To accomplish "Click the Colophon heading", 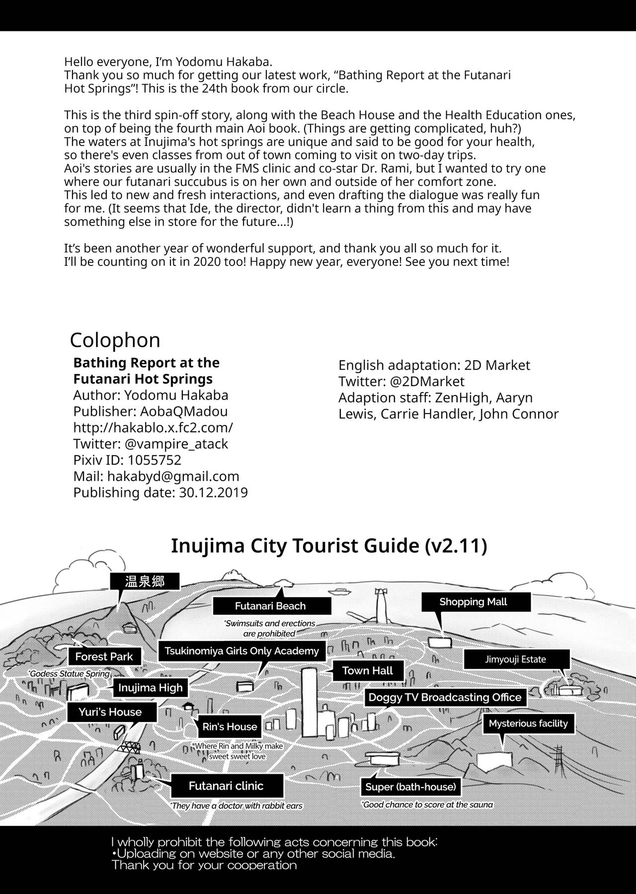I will (x=115, y=340).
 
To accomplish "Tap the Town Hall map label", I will (x=367, y=671).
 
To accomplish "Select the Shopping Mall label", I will (x=473, y=602).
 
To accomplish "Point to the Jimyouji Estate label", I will (x=515, y=659).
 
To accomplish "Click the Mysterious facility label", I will (x=528, y=724).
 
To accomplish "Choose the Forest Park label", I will (x=104, y=656).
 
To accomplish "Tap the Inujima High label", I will (x=150, y=688).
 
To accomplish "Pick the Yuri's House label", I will (x=110, y=712).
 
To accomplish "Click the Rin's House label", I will (x=230, y=727).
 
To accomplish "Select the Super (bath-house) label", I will (x=410, y=787).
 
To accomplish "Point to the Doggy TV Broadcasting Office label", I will (x=445, y=697).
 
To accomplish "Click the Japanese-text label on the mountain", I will (x=145, y=581).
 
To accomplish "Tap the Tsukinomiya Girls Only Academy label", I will (x=241, y=651).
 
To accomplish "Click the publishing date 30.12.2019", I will (x=213, y=492).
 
